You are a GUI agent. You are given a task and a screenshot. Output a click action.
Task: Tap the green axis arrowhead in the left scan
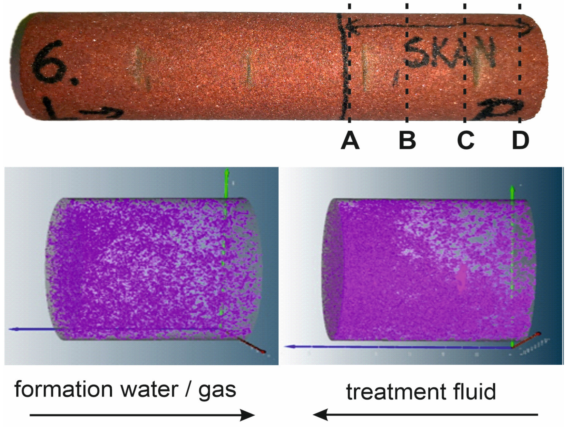coord(226,172)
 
